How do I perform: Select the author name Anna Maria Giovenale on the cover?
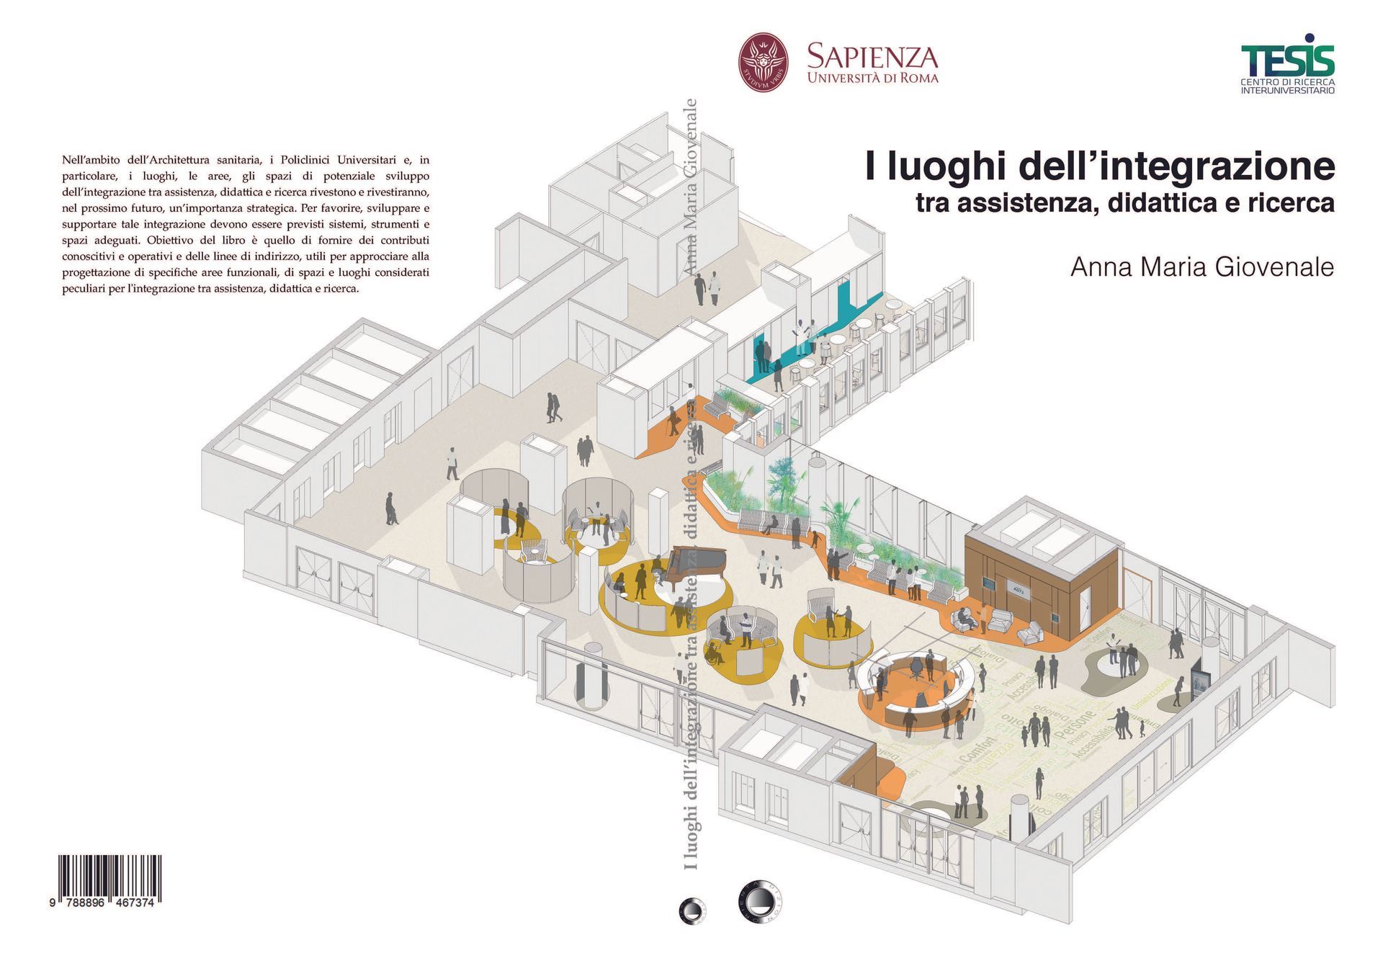(1201, 267)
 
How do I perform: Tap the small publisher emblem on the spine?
(692, 910)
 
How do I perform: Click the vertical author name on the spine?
(691, 187)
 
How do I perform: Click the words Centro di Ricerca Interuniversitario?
(1287, 86)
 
